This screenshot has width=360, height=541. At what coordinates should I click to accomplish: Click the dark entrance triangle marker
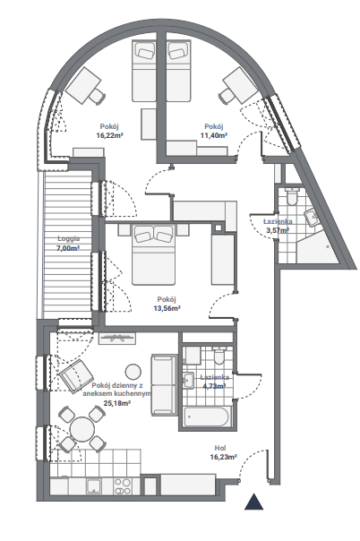pos(253,502)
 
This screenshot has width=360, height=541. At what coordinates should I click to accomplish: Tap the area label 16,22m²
pos(109,135)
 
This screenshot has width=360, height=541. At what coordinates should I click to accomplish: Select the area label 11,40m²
pos(214,135)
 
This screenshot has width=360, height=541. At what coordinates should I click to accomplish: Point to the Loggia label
pos(69,238)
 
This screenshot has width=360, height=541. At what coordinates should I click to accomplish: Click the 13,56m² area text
pos(167,308)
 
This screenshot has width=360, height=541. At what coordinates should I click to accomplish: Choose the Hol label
pos(220,448)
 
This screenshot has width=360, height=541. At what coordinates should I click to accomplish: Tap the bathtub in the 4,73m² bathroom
pos(207,416)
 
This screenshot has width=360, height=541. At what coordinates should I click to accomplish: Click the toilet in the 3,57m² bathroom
pos(292,196)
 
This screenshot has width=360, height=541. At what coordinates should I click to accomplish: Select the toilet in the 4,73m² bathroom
pos(219,356)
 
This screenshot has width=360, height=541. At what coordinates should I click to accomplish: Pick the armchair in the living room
pos(76,376)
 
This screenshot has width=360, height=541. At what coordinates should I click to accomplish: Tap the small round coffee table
pos(133,372)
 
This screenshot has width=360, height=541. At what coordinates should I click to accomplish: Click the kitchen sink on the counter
pos(95,486)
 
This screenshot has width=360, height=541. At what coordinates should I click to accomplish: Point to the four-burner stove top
pos(123,486)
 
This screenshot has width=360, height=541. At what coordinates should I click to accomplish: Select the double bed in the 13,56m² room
pos(154,255)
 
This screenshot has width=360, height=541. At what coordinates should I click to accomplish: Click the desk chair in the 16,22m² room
pos(96,96)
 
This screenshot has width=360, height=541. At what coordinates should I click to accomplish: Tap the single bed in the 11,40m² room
pos(179,71)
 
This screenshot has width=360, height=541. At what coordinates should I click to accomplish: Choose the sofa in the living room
pos(164,384)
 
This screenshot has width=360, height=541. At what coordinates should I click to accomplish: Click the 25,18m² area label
pos(117,403)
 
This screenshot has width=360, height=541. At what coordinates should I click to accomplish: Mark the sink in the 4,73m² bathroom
pos(188,380)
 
